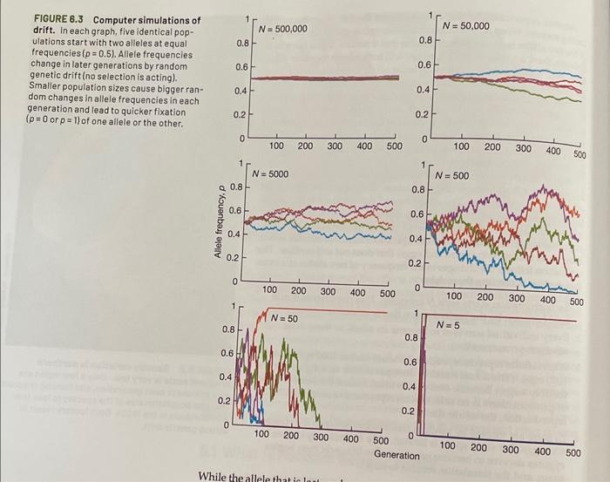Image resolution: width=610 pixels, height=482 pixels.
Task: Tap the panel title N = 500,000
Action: [x=283, y=29]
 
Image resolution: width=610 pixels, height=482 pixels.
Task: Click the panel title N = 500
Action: [x=452, y=176]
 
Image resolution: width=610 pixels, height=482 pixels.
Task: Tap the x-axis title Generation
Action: [x=396, y=456]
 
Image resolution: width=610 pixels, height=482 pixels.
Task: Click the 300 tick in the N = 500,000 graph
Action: [x=334, y=146]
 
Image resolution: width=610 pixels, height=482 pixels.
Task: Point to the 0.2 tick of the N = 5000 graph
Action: [x=234, y=257]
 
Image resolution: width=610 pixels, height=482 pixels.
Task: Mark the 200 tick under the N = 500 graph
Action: [x=485, y=297]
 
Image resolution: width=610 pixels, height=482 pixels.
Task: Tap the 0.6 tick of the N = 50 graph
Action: [x=226, y=353]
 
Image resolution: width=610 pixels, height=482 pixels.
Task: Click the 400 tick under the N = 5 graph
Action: [x=541, y=451]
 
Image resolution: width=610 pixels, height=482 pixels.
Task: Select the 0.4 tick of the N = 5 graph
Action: [x=410, y=385]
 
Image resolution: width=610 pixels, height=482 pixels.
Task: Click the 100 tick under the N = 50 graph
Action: [x=261, y=434]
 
